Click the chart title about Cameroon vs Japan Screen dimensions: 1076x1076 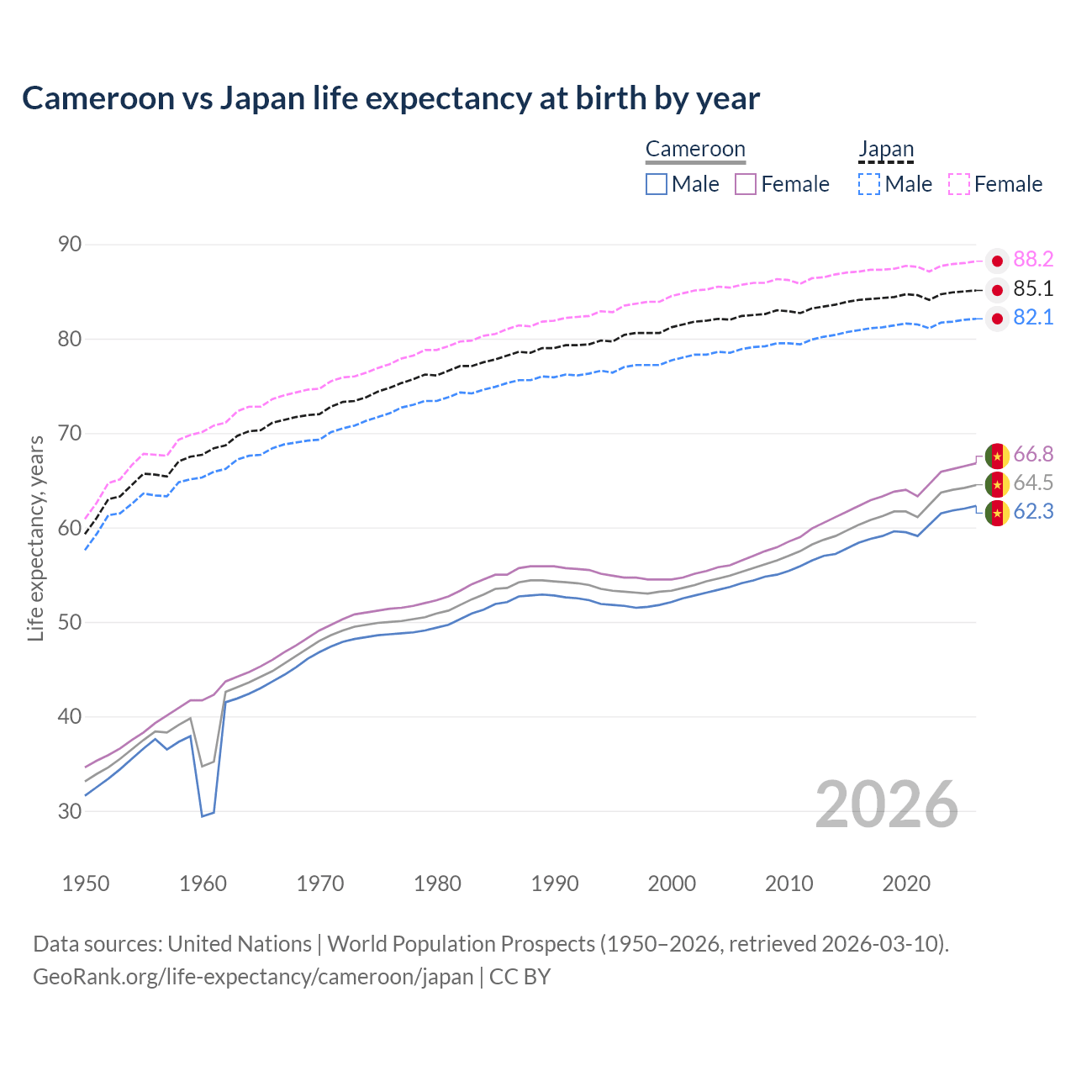[391, 98]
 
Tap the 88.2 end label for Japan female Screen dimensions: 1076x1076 [1033, 260]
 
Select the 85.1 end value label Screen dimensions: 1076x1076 [1033, 289]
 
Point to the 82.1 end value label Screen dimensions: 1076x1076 [1033, 318]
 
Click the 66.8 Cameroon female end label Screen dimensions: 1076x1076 [1033, 455]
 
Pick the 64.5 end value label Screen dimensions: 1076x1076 [1033, 483]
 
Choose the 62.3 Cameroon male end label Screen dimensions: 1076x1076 [1033, 512]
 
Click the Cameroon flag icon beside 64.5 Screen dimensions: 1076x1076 [997, 484]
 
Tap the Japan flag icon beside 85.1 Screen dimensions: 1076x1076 [997, 291]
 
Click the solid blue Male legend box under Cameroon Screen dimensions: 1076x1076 [657, 184]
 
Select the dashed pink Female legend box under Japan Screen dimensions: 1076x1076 [959, 184]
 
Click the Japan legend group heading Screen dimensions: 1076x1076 [886, 150]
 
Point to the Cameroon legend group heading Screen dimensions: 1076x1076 [695, 150]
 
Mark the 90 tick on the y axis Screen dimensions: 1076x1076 [70, 245]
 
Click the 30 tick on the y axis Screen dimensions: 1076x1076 [70, 811]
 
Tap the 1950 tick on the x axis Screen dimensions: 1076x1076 [86, 883]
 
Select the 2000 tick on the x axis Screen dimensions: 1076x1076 [672, 883]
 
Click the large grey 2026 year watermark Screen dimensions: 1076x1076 [887, 804]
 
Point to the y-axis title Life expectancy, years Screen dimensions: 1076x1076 [36, 538]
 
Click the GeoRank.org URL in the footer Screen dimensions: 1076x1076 [253, 977]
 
